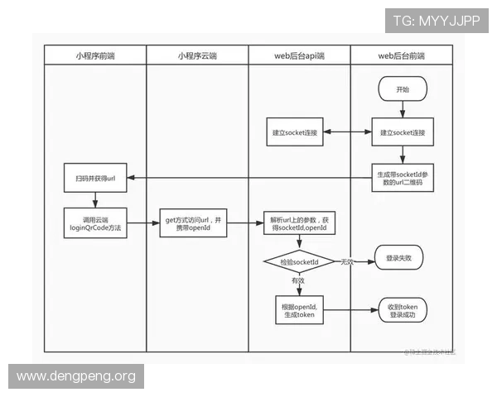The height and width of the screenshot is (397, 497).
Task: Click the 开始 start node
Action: click(403, 88)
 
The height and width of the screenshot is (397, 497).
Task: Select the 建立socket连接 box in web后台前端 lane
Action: click(403, 132)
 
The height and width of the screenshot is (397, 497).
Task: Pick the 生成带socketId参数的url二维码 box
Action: click(403, 179)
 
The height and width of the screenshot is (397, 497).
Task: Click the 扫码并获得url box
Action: click(95, 179)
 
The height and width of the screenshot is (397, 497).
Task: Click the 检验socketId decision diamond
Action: click(298, 261)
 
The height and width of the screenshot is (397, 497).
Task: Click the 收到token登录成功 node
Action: click(402, 311)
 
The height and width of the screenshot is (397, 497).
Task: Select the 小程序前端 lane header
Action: click(95, 56)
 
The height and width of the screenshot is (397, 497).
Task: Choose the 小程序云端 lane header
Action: click(197, 56)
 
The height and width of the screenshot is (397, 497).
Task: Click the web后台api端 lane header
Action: click(299, 56)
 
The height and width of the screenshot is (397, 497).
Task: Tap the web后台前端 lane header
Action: click(402, 56)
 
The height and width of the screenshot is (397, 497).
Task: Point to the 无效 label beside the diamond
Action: click(347, 261)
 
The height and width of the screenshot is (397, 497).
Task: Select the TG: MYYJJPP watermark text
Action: click(437, 21)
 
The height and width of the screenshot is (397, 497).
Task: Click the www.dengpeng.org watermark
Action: click(75, 377)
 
